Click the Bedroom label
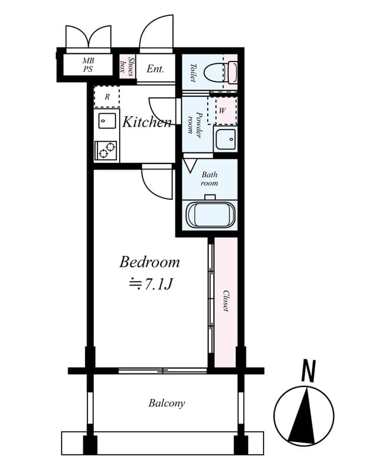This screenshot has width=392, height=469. pyautogui.click(x=150, y=261)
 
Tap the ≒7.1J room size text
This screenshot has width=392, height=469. pyautogui.click(x=150, y=284)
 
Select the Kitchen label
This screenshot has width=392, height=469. pyautogui.click(x=147, y=122)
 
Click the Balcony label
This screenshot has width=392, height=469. pyautogui.click(x=167, y=403)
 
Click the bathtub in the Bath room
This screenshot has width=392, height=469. pyautogui.click(x=210, y=214)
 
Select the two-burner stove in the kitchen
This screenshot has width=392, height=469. pyautogui.click(x=106, y=151)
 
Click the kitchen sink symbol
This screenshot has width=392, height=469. pyautogui.click(x=106, y=122)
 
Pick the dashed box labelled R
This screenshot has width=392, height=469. pyautogui.click(x=107, y=97)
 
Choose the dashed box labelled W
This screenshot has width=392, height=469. pyautogui.click(x=222, y=110)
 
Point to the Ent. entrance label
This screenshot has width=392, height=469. pyautogui.click(x=155, y=69)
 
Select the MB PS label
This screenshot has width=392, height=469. pyautogui.click(x=88, y=65)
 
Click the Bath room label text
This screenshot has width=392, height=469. pyautogui.click(x=209, y=179)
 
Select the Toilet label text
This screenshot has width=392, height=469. pyautogui.click(x=192, y=72)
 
